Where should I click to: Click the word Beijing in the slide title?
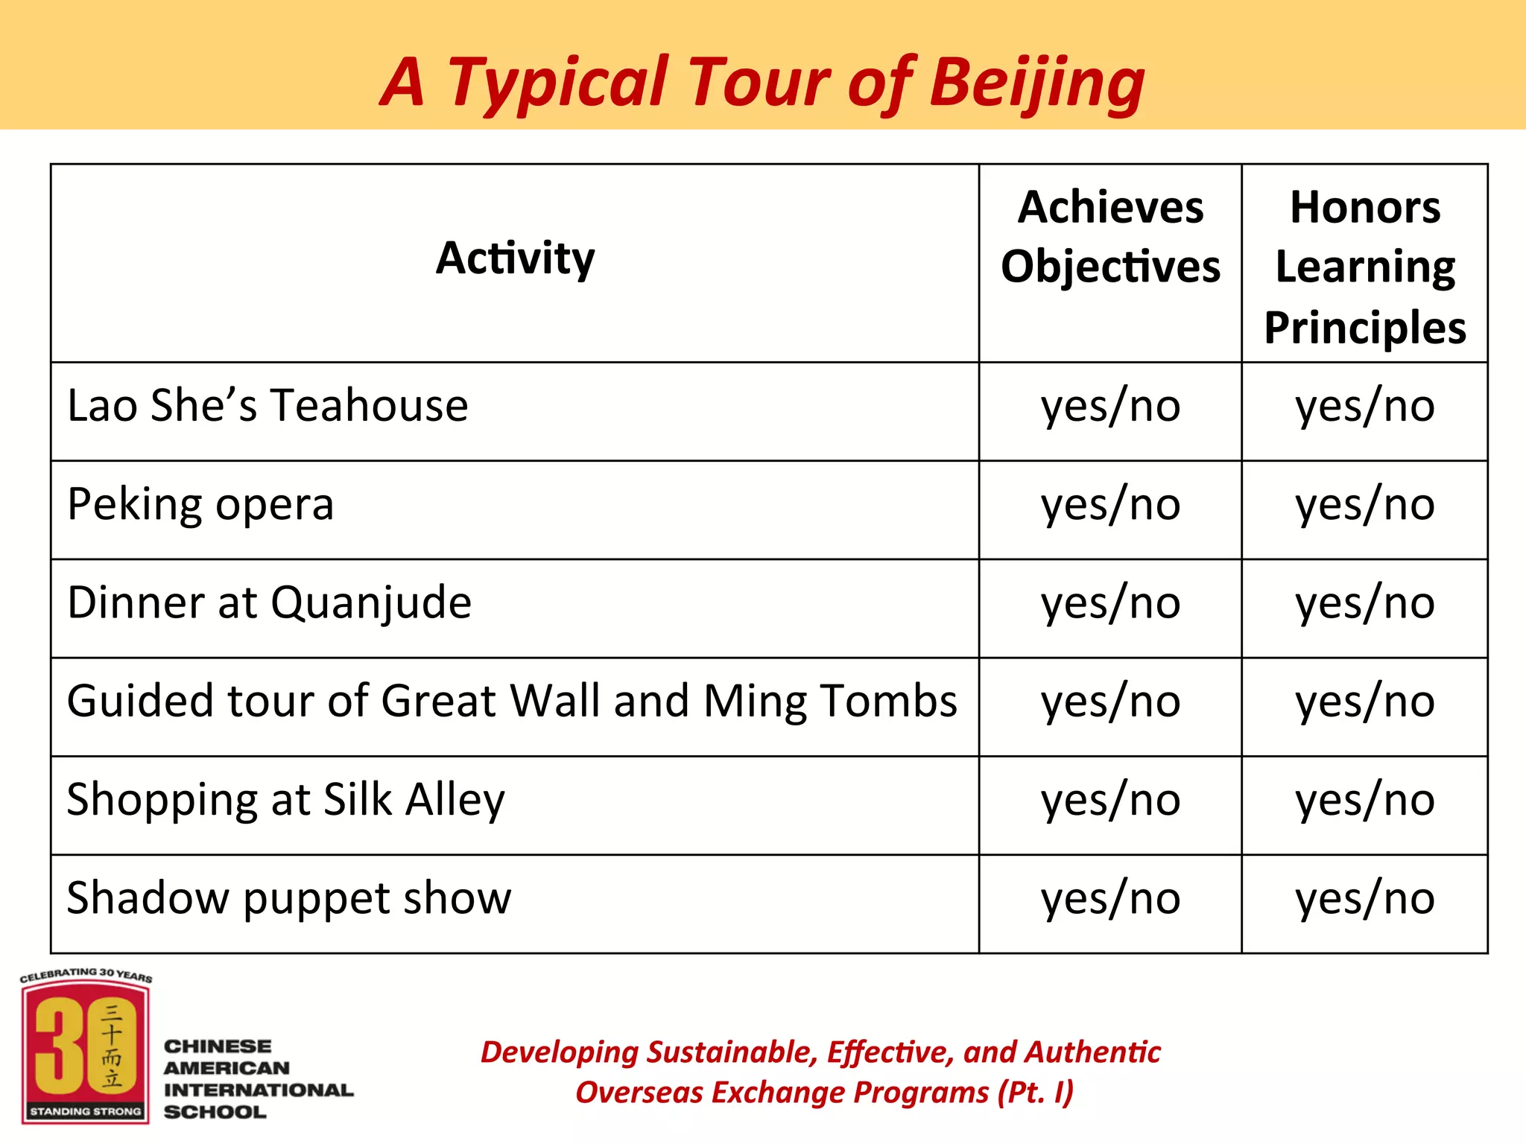coord(1036,83)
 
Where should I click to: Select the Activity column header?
coord(515,258)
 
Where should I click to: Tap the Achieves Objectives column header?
coord(1110,237)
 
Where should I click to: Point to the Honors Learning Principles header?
coord(1365,267)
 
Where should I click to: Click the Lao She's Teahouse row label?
coord(267,406)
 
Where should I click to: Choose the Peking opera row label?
coord(200,505)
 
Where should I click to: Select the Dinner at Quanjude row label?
coord(269,603)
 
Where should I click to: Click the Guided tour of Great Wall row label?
coord(512,702)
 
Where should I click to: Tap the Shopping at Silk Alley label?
coord(285,800)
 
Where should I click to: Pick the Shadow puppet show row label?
coord(289,898)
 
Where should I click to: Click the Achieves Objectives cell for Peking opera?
coord(1110,505)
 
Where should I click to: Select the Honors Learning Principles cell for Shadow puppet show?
coord(1365,898)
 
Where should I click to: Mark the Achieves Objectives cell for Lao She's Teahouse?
coord(1110,406)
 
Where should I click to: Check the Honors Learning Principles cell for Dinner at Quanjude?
coord(1365,603)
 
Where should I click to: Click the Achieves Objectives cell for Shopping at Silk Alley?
coord(1110,800)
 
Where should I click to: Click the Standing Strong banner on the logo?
coord(86,1111)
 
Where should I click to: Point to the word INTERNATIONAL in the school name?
coord(259,1090)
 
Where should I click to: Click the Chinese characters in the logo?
coord(112,1044)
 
